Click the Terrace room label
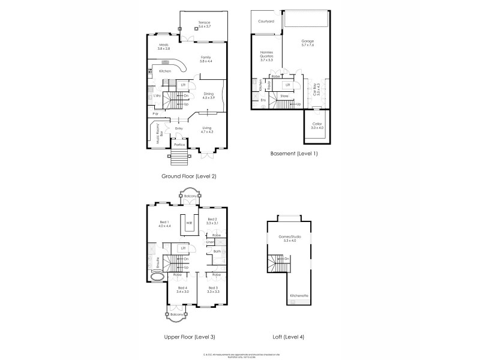(204, 24)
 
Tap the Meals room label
(164, 46)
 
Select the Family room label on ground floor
(206, 59)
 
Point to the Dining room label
(208, 95)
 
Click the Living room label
(207, 130)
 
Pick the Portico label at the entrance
(179, 145)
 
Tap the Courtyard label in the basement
(266, 21)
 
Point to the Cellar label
(317, 126)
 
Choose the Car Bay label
(314, 90)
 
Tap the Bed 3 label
(213, 290)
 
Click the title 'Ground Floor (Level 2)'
(188, 176)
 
